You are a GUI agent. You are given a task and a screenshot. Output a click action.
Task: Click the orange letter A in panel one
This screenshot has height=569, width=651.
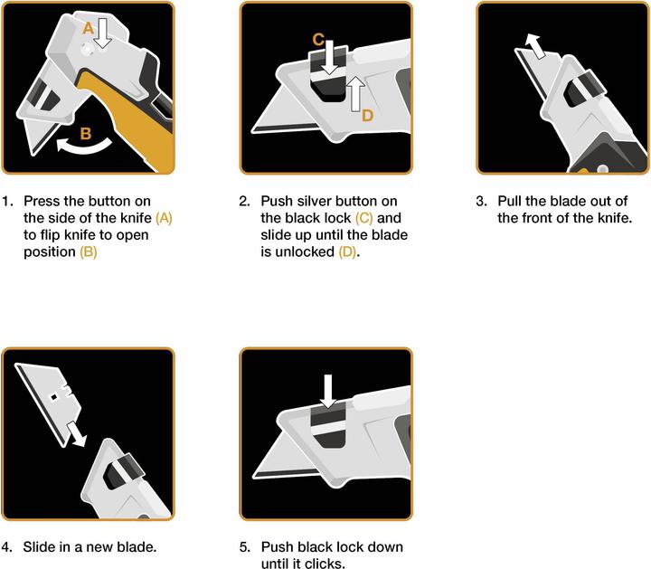[x=88, y=28]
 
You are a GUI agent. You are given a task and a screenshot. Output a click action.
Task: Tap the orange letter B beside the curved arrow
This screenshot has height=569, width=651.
[x=86, y=134]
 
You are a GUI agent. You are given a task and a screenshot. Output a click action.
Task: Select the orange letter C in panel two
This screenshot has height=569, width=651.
[x=318, y=40]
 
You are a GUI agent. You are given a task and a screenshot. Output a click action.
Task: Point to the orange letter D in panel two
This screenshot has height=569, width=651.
[x=367, y=116]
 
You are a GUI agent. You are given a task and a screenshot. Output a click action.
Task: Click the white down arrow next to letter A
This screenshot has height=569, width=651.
[x=102, y=33]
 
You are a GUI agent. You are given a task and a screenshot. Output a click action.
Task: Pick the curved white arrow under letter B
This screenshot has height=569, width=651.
[x=84, y=146]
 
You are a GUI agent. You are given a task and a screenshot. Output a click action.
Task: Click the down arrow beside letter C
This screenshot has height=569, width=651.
[x=330, y=57]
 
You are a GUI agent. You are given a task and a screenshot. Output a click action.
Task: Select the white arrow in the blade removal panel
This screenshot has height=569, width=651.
[x=534, y=46]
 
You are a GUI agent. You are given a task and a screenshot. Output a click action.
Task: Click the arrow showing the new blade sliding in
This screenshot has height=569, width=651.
[x=77, y=434]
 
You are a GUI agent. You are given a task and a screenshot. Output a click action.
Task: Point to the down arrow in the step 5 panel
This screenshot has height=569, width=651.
[x=328, y=391]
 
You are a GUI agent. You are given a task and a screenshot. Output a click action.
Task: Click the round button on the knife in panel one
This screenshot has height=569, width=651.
[x=88, y=50]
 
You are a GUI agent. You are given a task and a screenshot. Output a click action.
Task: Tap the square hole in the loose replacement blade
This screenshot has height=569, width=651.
[x=53, y=397]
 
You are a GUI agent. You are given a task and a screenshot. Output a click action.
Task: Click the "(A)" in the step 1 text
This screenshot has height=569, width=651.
[x=164, y=218]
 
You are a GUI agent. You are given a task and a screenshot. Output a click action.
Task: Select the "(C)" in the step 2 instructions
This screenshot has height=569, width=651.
[x=364, y=218]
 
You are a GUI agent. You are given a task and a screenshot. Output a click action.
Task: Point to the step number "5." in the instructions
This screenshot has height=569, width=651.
[x=245, y=546]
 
